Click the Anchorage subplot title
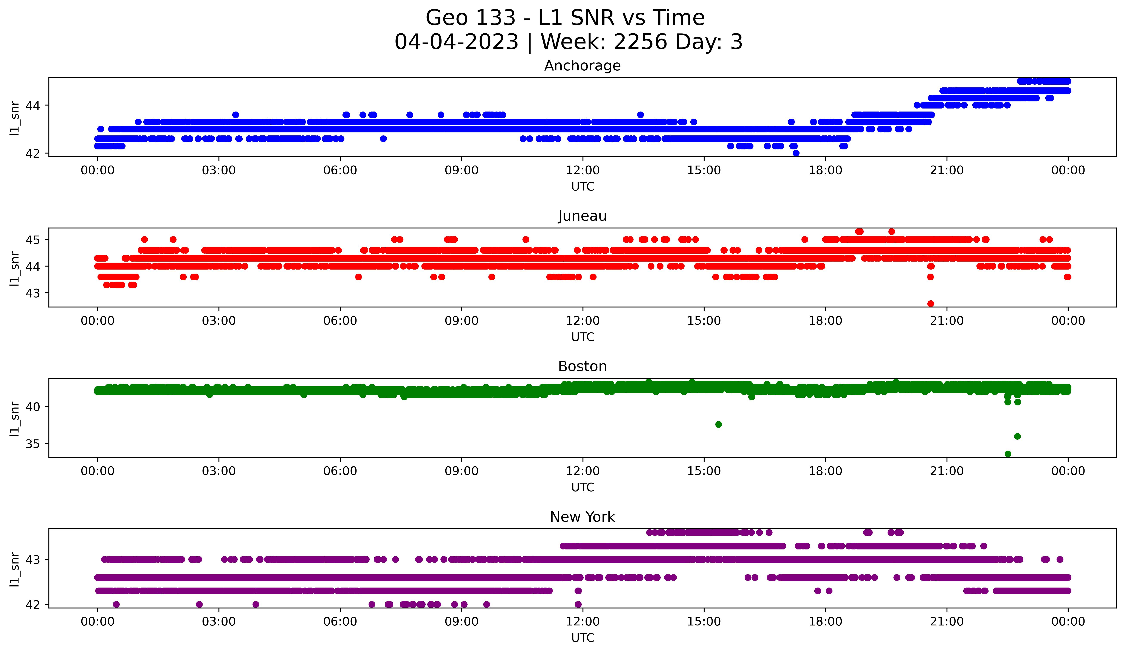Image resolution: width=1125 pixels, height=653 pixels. point(582,66)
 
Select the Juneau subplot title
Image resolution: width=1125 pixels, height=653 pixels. point(582,216)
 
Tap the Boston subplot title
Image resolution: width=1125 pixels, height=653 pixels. point(582,366)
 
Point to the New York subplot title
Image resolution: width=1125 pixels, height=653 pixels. point(582,517)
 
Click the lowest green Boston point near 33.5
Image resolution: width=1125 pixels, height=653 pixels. point(1008,454)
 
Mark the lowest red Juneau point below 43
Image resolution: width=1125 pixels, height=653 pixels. point(930,304)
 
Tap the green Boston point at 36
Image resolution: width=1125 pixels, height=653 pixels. point(1017,436)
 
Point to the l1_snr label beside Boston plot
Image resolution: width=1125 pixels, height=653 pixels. point(15,418)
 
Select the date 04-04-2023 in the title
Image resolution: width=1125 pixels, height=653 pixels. point(456,42)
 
